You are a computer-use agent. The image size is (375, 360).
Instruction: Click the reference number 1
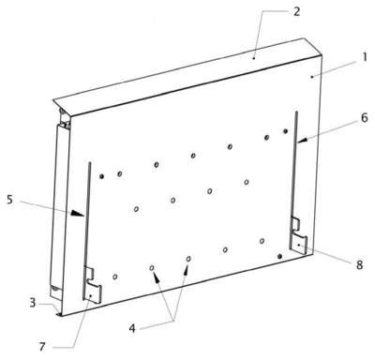click(x=364, y=57)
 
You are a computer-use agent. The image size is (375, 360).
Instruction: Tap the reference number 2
click(x=296, y=11)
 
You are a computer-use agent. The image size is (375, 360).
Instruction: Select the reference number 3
click(x=33, y=303)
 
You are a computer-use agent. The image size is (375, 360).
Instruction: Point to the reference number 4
click(x=132, y=328)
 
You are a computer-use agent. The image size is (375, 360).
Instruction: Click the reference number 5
click(x=10, y=200)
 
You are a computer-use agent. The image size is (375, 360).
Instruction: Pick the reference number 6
click(x=364, y=118)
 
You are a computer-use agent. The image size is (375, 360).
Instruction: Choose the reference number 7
click(x=42, y=347)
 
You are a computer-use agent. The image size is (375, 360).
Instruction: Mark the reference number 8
click(x=359, y=264)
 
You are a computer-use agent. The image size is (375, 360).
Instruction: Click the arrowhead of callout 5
click(x=78, y=214)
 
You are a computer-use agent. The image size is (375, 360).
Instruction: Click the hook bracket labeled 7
click(x=93, y=285)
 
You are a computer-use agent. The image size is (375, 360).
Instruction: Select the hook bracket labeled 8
click(x=299, y=234)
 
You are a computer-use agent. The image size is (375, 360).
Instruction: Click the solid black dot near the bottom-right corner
click(x=280, y=256)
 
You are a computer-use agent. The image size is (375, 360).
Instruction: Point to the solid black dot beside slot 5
click(x=101, y=176)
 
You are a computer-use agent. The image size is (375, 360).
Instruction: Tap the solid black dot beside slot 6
click(x=285, y=131)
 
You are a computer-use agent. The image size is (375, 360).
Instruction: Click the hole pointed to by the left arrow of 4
click(x=152, y=268)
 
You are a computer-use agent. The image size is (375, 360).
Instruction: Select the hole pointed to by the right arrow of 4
click(x=188, y=259)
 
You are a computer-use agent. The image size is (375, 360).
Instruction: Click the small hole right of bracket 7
click(x=115, y=277)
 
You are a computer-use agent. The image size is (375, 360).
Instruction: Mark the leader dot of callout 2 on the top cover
click(x=254, y=58)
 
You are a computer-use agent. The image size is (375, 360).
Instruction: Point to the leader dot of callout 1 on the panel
click(x=311, y=77)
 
